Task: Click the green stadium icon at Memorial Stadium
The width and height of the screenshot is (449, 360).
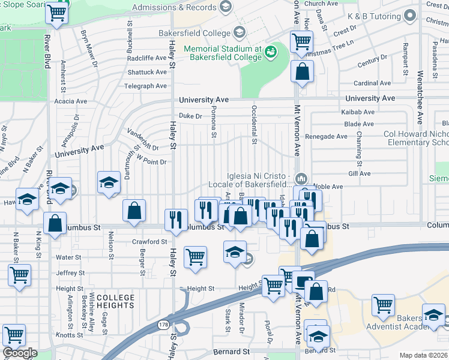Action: coord(270,50)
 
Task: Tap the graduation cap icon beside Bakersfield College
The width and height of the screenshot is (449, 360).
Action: coord(239,32)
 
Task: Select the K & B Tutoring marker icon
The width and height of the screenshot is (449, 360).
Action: coord(411,15)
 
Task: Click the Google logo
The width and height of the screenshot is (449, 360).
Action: coord(19,353)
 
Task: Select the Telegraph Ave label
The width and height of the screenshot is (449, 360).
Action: coord(145,86)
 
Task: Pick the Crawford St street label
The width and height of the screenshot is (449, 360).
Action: coord(149,242)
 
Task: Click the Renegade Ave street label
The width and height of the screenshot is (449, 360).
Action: coord(327,136)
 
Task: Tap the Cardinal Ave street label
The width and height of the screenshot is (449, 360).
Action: coord(373,83)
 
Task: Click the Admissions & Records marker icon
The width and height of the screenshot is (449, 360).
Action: coord(226,7)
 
